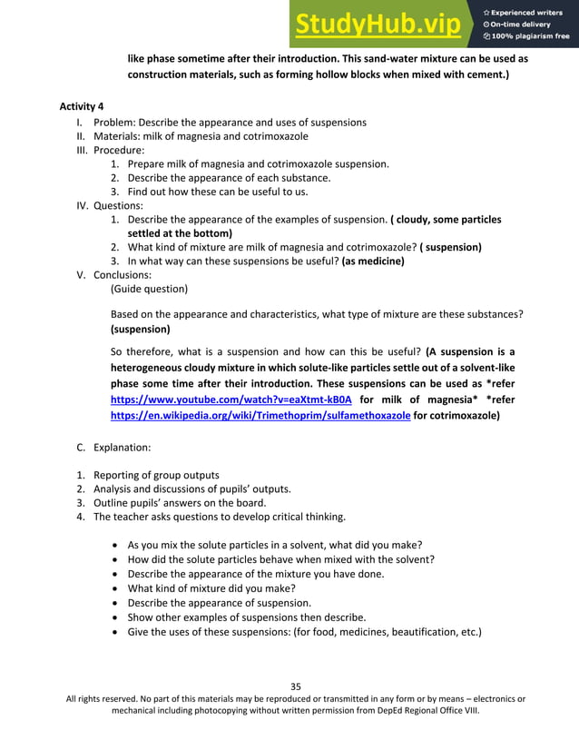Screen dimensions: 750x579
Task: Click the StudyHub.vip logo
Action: click(x=377, y=25)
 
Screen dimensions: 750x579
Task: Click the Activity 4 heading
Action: click(x=82, y=107)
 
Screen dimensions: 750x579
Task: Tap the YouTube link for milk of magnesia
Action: click(x=231, y=400)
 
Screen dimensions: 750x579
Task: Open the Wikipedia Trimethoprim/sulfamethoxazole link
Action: click(x=260, y=416)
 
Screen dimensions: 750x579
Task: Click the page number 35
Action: click(x=295, y=686)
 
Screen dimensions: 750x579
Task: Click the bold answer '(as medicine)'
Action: click(x=372, y=261)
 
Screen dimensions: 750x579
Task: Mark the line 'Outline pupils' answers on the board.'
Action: click(x=180, y=503)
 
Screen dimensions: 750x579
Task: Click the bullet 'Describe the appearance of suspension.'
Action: click(x=220, y=603)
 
